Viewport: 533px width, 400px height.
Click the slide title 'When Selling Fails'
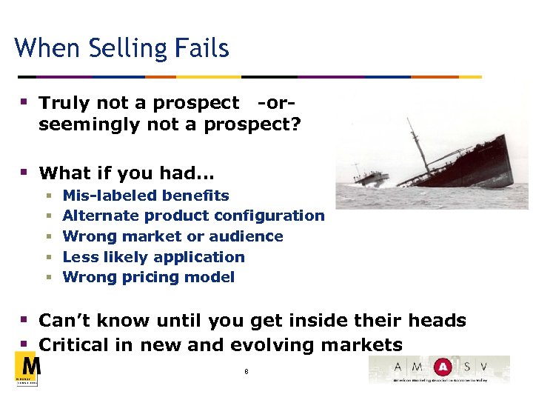tap(121, 49)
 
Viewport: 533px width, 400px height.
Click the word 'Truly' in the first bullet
tap(60, 103)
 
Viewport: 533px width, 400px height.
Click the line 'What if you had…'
tap(127, 173)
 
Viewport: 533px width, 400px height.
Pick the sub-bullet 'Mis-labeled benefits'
tap(146, 196)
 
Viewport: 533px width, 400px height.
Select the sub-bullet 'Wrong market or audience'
tap(172, 236)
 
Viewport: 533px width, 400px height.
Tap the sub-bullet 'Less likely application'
tap(153, 257)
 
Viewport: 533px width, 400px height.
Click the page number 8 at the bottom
tap(246, 371)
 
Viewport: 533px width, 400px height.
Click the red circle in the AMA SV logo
tap(443, 367)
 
